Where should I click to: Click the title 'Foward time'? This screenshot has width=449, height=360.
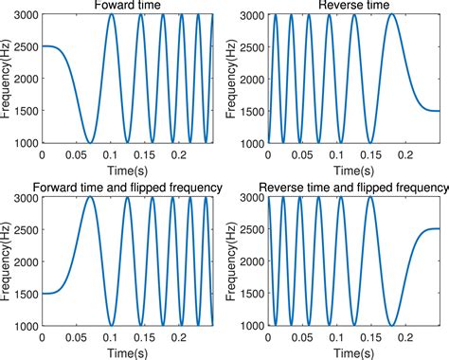point(127,7)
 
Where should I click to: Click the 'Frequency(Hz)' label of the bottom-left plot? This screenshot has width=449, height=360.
point(7,261)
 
